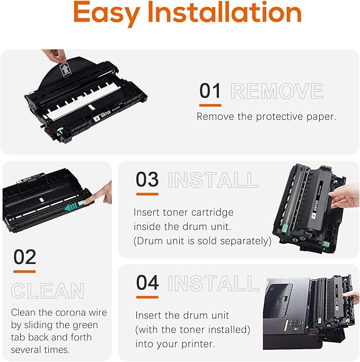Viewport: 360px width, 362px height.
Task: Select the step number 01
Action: click(x=210, y=91)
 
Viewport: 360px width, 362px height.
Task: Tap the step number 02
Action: click(x=24, y=258)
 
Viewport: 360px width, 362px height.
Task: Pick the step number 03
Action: click(x=147, y=180)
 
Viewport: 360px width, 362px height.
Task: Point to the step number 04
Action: click(x=147, y=282)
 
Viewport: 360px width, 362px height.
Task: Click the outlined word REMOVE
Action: click(x=277, y=92)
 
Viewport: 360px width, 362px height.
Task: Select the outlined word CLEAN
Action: click(x=48, y=291)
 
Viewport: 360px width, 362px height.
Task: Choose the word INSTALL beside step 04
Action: click(x=213, y=283)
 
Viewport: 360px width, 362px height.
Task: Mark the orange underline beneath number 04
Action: click(x=147, y=297)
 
